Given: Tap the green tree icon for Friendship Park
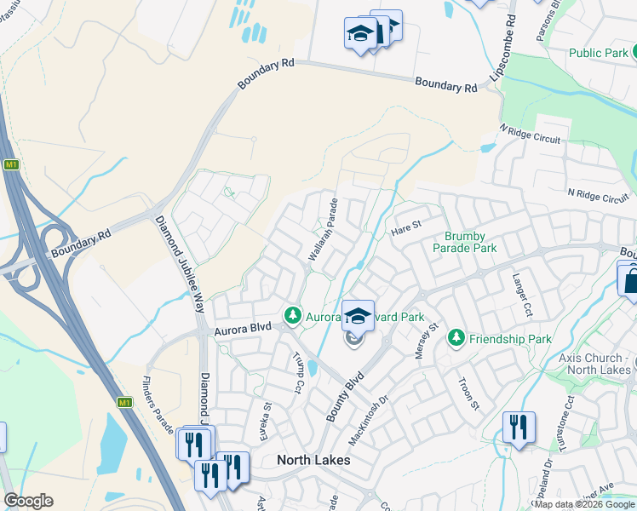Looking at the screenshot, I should coord(456,339).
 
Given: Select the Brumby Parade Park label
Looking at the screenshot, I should coord(463,242).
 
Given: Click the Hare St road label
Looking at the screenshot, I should coord(406,227).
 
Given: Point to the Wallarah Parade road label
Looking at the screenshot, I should coord(323,230).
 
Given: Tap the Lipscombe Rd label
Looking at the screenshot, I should coord(502,47).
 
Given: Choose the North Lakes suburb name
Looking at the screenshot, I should coord(313,460).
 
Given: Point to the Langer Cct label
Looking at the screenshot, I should coord(522,290).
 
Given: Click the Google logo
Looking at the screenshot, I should coord(28,501).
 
